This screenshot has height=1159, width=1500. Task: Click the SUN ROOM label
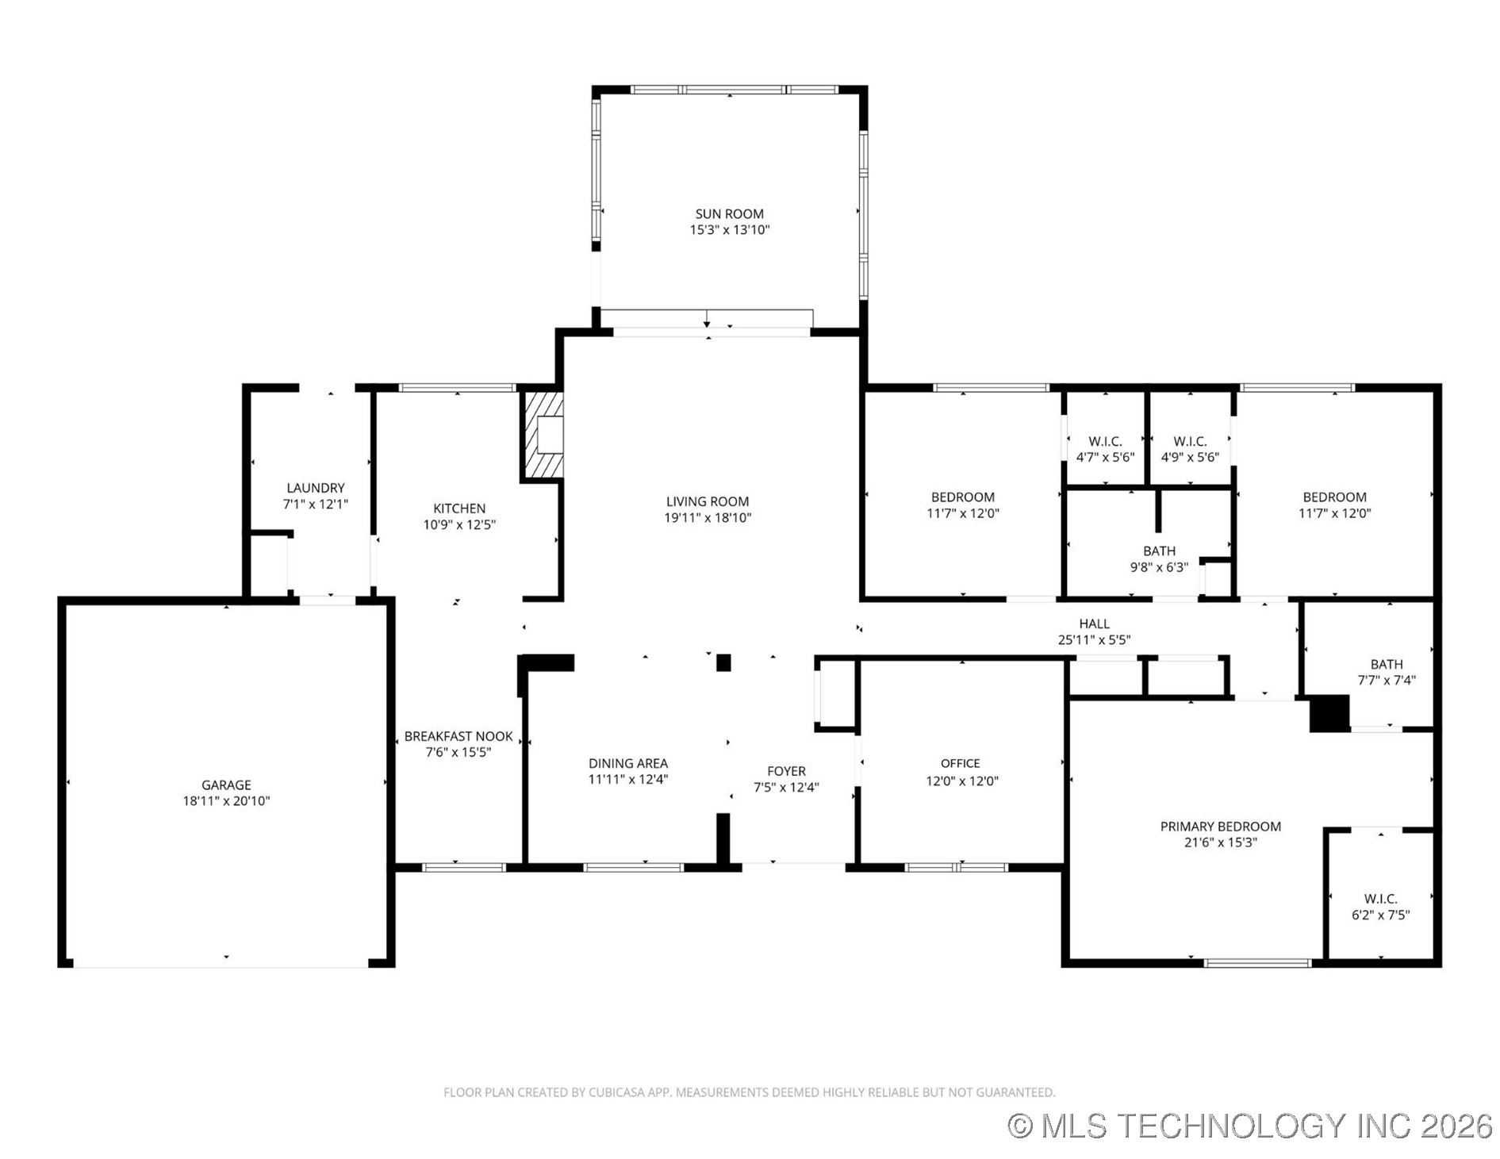(x=729, y=213)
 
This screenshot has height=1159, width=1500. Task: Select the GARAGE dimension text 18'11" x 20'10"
(x=226, y=801)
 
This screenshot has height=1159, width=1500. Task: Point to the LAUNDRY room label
(x=316, y=488)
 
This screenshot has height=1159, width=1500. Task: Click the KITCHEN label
(x=459, y=509)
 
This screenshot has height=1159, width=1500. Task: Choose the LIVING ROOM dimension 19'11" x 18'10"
(x=708, y=518)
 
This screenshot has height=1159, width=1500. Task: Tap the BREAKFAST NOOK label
(x=458, y=736)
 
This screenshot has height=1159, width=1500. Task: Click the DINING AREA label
(x=627, y=763)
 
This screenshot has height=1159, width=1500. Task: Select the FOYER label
(x=786, y=771)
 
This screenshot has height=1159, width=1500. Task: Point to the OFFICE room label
(x=960, y=763)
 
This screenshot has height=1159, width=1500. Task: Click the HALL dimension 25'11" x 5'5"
(x=1094, y=640)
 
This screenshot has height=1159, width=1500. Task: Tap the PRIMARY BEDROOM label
(x=1220, y=827)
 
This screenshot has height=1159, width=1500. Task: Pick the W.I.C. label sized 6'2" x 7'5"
(x=1380, y=899)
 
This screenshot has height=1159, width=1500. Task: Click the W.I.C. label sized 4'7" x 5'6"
(x=1105, y=441)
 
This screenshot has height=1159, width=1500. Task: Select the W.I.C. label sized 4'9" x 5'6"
(x=1190, y=441)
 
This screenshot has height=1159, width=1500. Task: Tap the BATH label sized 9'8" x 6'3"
(x=1159, y=551)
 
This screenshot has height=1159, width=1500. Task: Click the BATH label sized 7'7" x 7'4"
(x=1386, y=664)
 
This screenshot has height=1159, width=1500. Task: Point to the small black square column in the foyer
(x=723, y=662)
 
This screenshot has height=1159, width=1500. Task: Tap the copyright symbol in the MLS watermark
(x=1020, y=1126)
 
